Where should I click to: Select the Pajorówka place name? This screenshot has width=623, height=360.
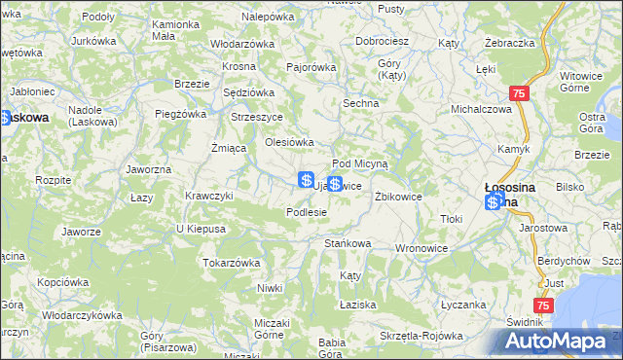tap(311, 68)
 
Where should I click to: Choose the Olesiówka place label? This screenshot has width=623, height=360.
tap(289, 142)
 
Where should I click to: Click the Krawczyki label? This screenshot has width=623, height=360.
tap(209, 196)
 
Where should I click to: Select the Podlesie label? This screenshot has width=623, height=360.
tap(306, 211)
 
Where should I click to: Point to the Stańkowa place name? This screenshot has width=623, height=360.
tap(348, 243)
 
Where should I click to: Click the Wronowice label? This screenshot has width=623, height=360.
tap(420, 248)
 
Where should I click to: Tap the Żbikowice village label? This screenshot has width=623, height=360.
tap(398, 196)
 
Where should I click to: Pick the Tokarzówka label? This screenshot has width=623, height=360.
tap(231, 263)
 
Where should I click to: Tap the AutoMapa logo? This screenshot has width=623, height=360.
tap(560, 342)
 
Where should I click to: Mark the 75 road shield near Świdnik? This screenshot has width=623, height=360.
tap(544, 306)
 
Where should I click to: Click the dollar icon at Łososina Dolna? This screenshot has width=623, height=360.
tap(495, 201)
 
